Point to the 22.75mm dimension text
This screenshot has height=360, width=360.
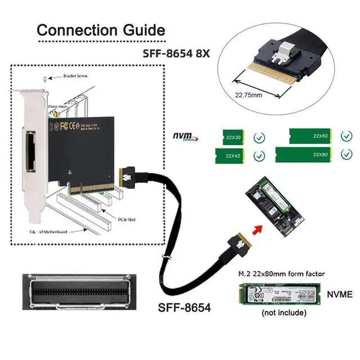(x=249, y=95)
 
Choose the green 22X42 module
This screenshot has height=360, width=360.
(x=231, y=155)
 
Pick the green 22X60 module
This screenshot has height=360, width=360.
(x=309, y=136)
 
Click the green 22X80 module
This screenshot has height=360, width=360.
(x=309, y=155)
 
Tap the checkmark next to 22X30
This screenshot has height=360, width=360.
(x=259, y=137)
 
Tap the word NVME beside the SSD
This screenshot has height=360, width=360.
(x=339, y=294)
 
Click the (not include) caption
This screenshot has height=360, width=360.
(x=284, y=312)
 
